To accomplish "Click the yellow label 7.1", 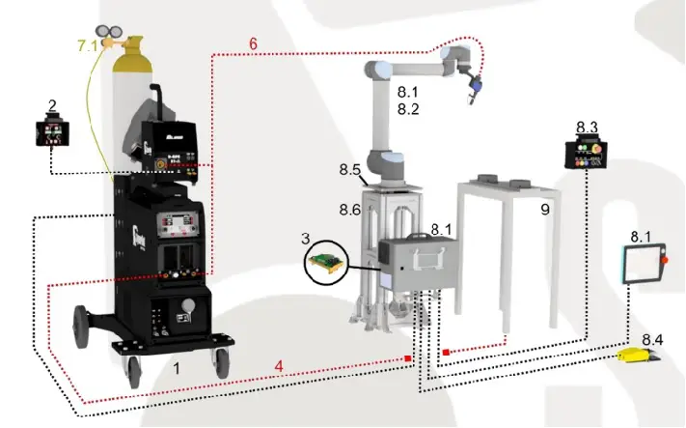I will tap(87, 45).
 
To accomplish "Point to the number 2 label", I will tap(53, 104).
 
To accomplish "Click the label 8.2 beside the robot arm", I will tap(409, 110).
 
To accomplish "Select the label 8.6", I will tap(348, 209).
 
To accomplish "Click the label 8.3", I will tap(587, 128).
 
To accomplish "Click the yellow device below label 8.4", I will tap(638, 357).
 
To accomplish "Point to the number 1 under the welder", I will tap(177, 369).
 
